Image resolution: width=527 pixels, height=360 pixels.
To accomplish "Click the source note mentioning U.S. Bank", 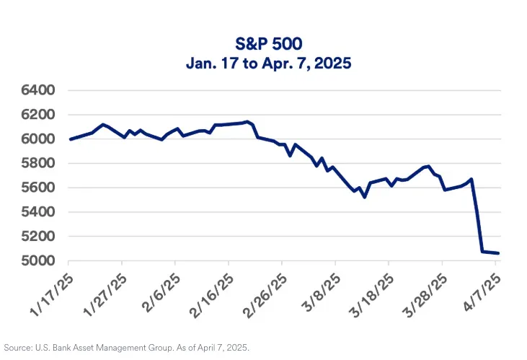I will [x=127, y=347].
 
